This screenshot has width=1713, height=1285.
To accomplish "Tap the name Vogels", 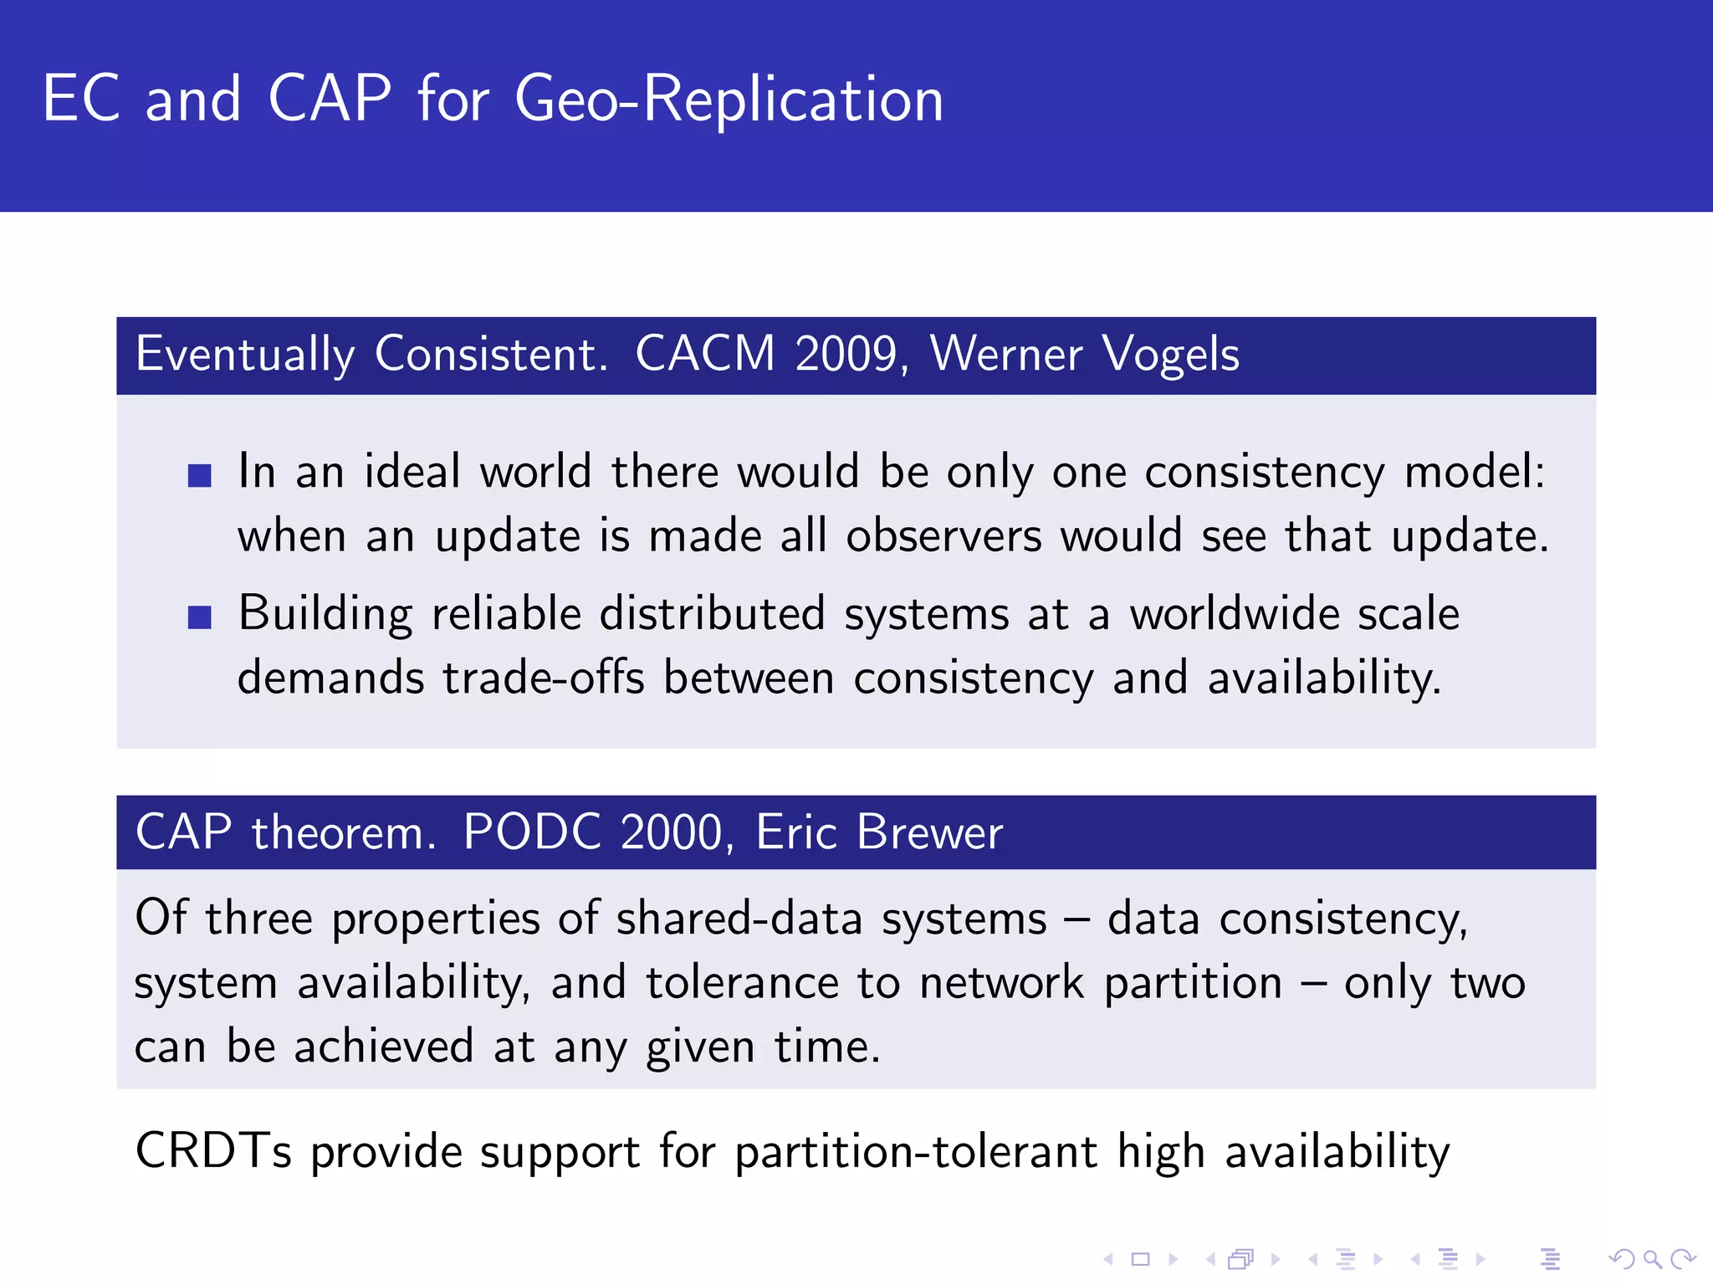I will pyautogui.click(x=1170, y=354).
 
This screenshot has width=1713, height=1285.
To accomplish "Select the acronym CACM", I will pyautogui.click(x=705, y=354).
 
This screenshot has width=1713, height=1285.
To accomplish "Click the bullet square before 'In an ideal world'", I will pyautogui.click(x=199, y=475).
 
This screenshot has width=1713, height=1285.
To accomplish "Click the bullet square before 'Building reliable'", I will pyautogui.click(x=199, y=617).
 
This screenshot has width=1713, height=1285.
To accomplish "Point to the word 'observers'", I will pyautogui.click(x=943, y=536).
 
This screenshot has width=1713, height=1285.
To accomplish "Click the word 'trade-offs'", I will pyautogui.click(x=544, y=678).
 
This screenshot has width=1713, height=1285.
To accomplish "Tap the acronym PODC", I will pyautogui.click(x=532, y=832).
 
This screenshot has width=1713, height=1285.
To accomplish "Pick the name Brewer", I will pyautogui.click(x=928, y=832).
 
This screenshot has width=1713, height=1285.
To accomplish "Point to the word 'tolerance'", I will pyautogui.click(x=742, y=983).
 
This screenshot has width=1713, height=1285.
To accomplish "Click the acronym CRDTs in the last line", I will pyautogui.click(x=213, y=1151).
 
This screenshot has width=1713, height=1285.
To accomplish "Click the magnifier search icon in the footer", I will pyautogui.click(x=1652, y=1258).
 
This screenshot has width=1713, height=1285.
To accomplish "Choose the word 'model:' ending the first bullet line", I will pyautogui.click(x=1474, y=472).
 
